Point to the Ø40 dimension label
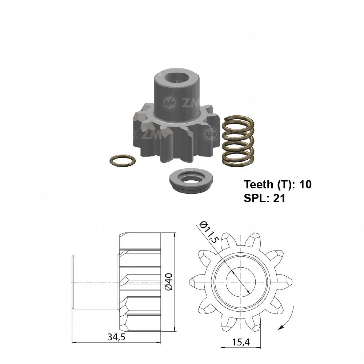[x=169, y=281]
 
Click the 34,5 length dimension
[x=116, y=337]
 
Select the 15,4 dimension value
[x=241, y=342]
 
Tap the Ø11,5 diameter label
[x=209, y=232]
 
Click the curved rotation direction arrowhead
[x=281, y=327]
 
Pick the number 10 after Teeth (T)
[x=305, y=184]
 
